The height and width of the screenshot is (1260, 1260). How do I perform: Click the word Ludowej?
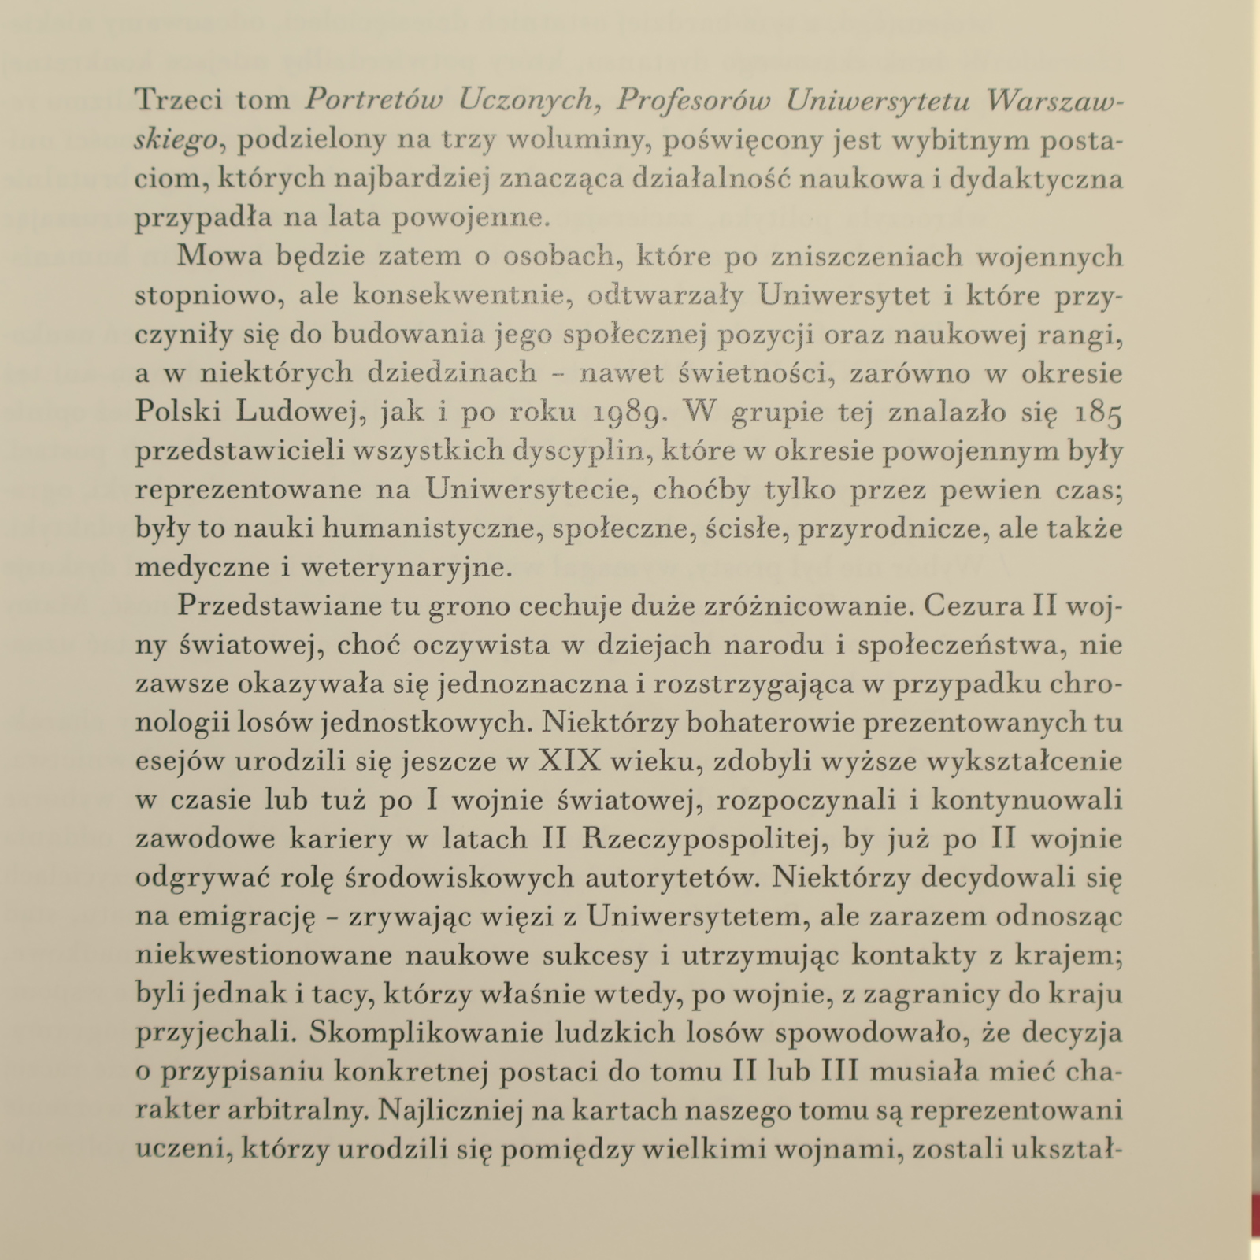298,412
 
